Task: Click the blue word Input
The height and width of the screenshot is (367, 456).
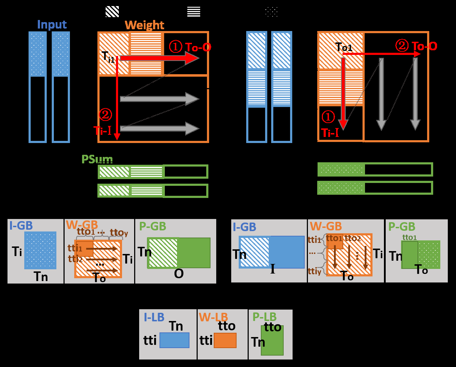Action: [52, 25]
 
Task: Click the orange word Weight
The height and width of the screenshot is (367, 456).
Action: [144, 25]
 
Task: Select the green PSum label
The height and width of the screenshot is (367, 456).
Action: [97, 159]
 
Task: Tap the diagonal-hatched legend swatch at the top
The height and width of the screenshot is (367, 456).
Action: [112, 11]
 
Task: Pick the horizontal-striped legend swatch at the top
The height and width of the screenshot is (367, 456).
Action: [194, 11]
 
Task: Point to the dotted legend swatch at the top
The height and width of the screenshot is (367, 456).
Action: [272, 12]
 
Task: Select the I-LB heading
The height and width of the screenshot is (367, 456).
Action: [154, 317]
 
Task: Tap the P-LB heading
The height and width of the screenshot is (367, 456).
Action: [264, 317]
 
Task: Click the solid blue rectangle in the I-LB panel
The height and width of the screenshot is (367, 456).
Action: [174, 340]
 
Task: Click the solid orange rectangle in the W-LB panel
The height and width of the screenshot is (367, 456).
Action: [225, 340]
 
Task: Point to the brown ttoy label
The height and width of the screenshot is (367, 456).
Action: [119, 233]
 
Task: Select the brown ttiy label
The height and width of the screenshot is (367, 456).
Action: [314, 271]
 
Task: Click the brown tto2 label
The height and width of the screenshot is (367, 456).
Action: [353, 238]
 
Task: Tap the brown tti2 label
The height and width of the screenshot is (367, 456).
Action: [75, 259]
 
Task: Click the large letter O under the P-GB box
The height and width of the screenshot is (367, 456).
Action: [179, 274]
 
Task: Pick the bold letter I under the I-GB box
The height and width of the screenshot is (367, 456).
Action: [273, 269]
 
